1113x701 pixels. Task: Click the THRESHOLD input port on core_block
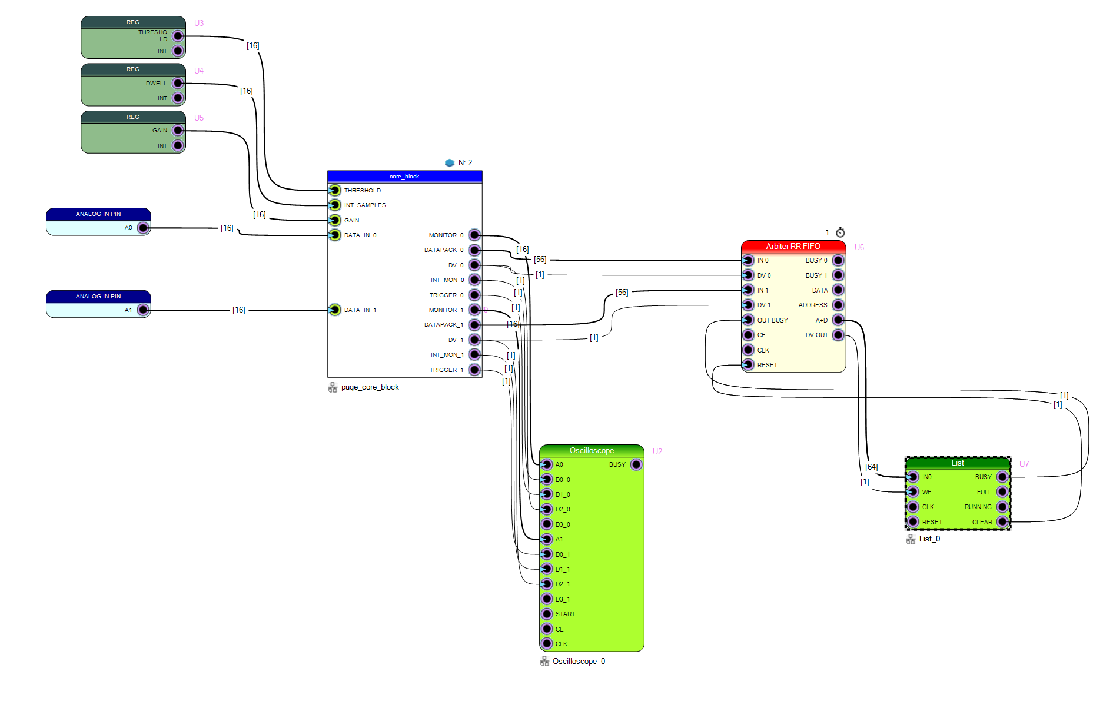tap(335, 190)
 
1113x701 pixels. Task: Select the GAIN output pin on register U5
tap(178, 131)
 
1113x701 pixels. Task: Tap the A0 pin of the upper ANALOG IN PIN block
tap(143, 228)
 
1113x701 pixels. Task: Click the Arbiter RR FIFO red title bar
tap(793, 246)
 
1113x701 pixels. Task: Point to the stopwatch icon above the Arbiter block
tap(840, 232)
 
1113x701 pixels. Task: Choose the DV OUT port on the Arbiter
tap(838, 335)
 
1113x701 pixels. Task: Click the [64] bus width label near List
tap(872, 467)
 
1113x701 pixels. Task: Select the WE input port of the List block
tap(913, 492)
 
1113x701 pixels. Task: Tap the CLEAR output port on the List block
tap(1002, 522)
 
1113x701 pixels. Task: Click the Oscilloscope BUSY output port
tap(636, 464)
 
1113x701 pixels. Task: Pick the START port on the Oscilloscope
tap(547, 614)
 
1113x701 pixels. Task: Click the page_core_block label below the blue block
tap(370, 387)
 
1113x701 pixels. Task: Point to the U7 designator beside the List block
tap(1024, 464)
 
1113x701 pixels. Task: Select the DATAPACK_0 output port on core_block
tap(474, 250)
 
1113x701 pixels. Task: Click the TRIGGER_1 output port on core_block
tap(474, 370)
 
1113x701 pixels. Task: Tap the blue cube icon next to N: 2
tap(450, 162)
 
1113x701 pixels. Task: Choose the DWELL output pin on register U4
tap(178, 84)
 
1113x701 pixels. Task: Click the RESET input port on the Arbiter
tap(748, 365)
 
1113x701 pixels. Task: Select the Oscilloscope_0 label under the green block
tap(579, 662)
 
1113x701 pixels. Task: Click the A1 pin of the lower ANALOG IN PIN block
tap(143, 310)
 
